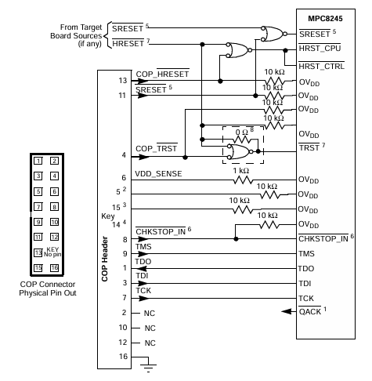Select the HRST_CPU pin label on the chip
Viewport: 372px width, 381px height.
point(318,49)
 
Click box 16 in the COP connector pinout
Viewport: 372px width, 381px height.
point(54,268)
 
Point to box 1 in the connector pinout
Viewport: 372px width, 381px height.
point(37,161)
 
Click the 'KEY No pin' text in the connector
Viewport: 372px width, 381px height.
point(53,252)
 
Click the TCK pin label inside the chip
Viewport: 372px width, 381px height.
point(309,299)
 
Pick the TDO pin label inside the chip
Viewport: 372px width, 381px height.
point(309,268)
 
